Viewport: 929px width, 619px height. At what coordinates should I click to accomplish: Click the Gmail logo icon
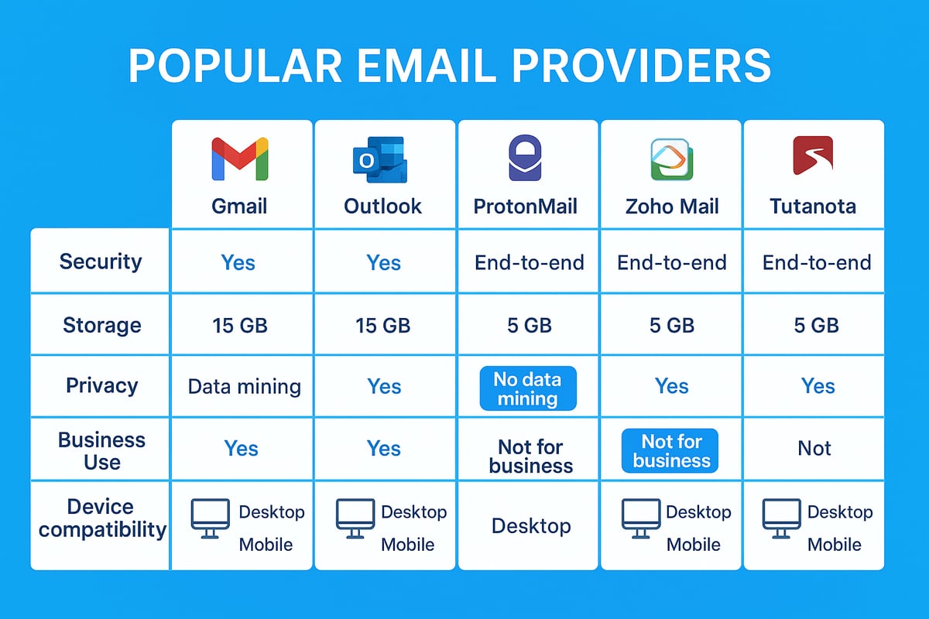coord(239,159)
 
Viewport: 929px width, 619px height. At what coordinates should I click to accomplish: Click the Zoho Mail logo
coord(670,159)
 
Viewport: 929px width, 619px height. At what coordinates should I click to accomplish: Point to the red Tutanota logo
coord(813,156)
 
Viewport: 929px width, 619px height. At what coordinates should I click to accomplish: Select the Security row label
coord(101,261)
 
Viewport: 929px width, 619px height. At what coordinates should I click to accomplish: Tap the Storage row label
coord(101,324)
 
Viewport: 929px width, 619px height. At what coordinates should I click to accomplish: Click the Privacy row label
coord(101,385)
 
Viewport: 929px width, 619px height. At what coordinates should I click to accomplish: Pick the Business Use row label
coord(101,450)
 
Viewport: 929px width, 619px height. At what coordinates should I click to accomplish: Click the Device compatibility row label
coord(101,518)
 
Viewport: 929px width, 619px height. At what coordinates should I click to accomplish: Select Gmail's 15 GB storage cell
coord(240,325)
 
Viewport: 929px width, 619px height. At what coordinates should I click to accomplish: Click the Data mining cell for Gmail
coord(244,386)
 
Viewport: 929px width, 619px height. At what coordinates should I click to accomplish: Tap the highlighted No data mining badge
coord(527,388)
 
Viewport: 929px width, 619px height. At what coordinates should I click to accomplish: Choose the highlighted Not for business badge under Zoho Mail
coord(670,451)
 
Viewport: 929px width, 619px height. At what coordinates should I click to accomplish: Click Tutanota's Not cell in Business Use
coord(814,449)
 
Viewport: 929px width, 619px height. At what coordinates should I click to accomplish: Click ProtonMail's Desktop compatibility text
coord(531,526)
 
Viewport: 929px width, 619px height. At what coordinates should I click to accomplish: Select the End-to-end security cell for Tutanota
coord(817,262)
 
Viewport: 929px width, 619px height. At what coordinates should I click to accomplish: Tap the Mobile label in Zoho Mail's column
coord(694,544)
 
